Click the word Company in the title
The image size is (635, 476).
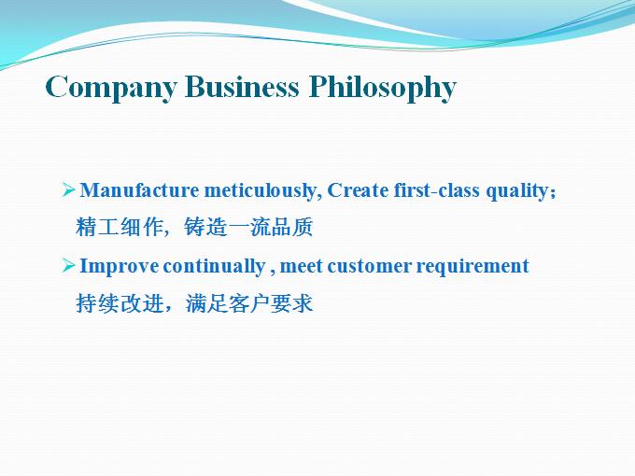111,88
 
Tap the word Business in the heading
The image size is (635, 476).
242,86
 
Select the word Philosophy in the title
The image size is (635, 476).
383,88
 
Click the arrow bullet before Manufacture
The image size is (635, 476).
69,189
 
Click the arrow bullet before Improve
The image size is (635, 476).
69,265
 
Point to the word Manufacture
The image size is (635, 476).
139,189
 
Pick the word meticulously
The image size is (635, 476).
262,190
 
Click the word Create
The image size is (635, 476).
358,189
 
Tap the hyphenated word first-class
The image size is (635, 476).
437,189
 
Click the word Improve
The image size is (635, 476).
120,266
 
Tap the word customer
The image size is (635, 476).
370,266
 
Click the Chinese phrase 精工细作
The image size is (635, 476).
119,227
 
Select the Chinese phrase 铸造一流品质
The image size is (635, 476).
248,227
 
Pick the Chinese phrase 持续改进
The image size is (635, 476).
120,303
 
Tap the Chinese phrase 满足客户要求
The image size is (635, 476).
249,303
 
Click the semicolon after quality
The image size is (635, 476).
553,192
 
